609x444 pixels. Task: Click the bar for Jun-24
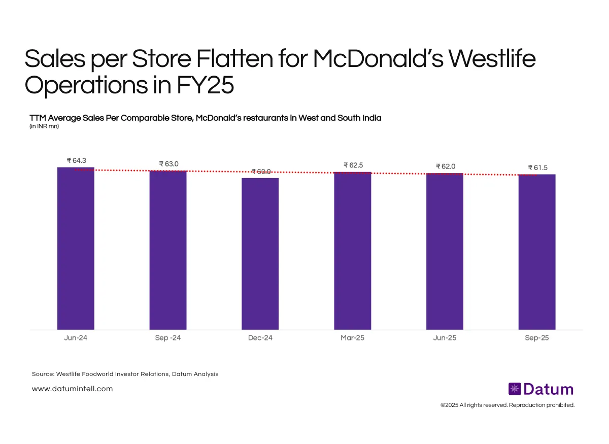76,249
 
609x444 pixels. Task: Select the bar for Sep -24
168,250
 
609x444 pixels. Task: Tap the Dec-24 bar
260,254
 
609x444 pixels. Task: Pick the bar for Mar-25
352,251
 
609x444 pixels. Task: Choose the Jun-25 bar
445,251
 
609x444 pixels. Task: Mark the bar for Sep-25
537,252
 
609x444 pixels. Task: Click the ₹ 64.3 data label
76,160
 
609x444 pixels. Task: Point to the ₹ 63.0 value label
168,164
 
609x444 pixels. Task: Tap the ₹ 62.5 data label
353,165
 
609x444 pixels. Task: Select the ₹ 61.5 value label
537,167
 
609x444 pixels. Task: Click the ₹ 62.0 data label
445,166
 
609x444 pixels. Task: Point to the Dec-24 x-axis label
260,338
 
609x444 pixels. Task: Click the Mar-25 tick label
352,338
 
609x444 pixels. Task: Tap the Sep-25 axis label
537,338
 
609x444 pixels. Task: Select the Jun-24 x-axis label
76,338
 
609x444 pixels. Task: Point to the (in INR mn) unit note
44,126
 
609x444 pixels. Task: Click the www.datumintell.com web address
72,389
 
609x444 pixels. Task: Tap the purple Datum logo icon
515,389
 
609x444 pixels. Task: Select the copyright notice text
507,405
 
